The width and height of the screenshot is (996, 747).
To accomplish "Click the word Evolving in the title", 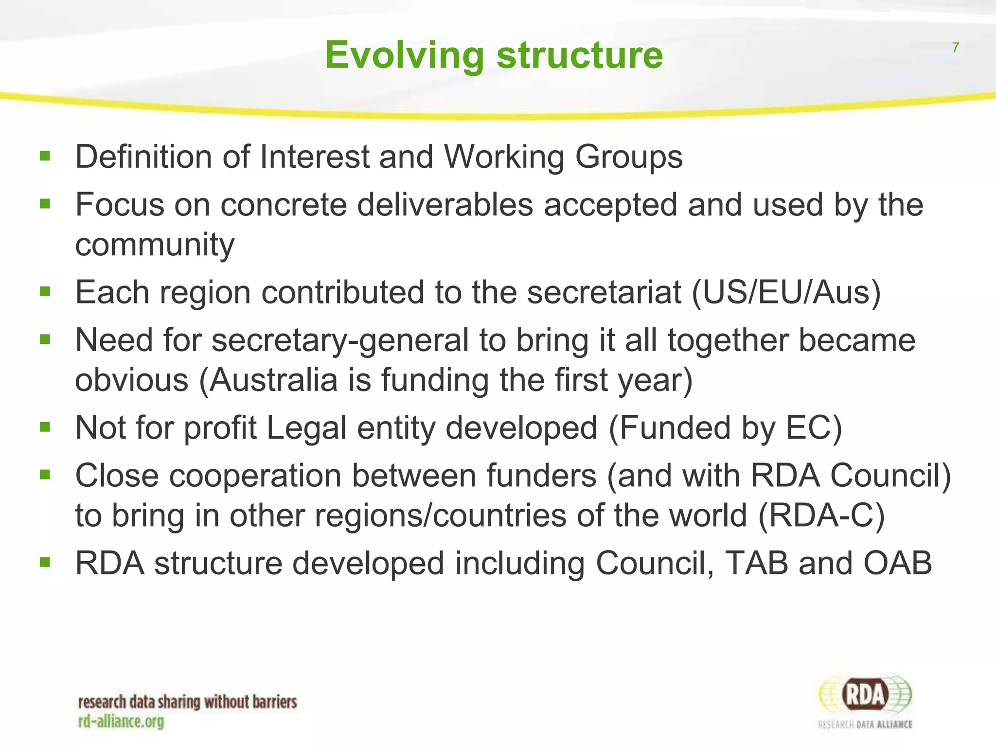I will click(x=405, y=55).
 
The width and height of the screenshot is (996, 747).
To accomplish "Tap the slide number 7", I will click(x=955, y=48).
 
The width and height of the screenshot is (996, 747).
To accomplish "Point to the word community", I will click(x=155, y=245).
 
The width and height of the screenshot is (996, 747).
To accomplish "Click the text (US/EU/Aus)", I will click(x=786, y=293).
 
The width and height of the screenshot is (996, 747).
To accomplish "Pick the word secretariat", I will click(x=604, y=293).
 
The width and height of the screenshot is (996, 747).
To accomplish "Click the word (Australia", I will click(x=268, y=380).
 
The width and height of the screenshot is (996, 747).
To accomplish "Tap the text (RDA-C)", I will click(x=821, y=516).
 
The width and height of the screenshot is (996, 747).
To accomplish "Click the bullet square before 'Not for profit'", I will click(x=45, y=427).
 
